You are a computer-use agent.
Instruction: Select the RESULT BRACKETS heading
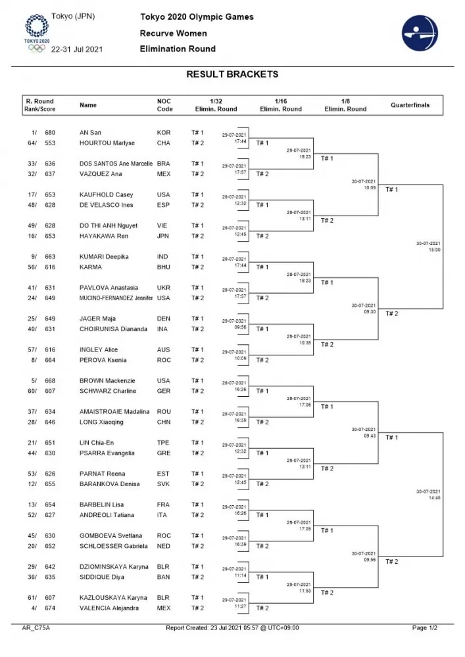(x=232, y=74)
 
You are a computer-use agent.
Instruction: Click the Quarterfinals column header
(x=410, y=105)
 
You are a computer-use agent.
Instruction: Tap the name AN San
(x=89, y=133)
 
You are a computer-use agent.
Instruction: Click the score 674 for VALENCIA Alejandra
(x=50, y=608)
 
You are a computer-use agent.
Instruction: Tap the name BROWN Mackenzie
(x=107, y=381)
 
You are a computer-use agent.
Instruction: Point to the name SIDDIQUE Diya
(x=102, y=578)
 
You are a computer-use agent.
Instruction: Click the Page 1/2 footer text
(x=428, y=628)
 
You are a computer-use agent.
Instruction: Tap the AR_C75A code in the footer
(x=36, y=628)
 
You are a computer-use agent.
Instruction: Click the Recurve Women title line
(x=173, y=33)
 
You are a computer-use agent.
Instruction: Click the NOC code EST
(x=163, y=474)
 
